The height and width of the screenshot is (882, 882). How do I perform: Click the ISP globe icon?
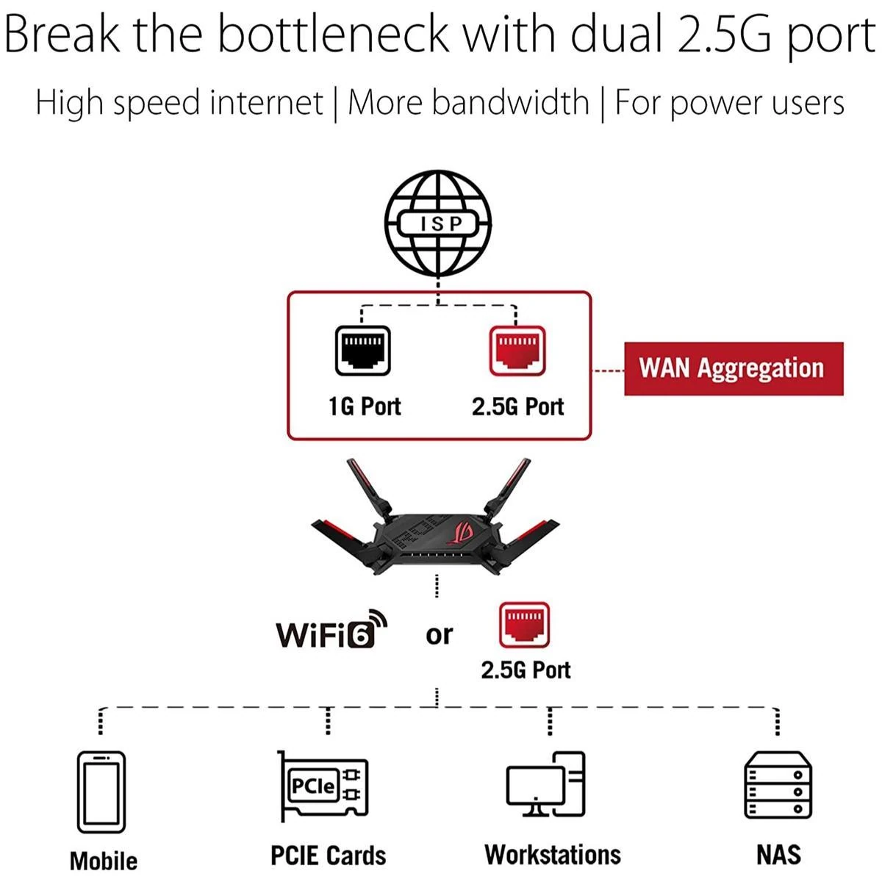[x=437, y=223]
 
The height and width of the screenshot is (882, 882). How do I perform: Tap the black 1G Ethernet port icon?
[x=362, y=351]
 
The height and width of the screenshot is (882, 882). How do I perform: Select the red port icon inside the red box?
[x=517, y=351]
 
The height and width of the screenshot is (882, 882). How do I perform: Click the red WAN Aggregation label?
[x=734, y=368]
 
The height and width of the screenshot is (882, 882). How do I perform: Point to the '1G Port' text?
[x=365, y=406]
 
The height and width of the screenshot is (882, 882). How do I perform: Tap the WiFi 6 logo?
[x=331, y=629]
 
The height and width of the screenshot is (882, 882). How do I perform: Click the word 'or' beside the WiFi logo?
[x=439, y=635]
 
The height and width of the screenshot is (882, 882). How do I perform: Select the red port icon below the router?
[x=524, y=625]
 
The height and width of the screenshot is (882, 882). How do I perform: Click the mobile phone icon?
[x=101, y=792]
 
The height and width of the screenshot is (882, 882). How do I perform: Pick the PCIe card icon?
[x=324, y=786]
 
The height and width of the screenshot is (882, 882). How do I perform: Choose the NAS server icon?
[x=778, y=785]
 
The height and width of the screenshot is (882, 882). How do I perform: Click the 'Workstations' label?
[x=553, y=854]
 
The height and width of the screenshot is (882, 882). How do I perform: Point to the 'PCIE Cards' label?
[x=328, y=855]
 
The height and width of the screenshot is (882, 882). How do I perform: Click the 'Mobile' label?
[x=104, y=861]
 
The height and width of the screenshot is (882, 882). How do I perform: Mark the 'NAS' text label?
[x=778, y=854]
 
